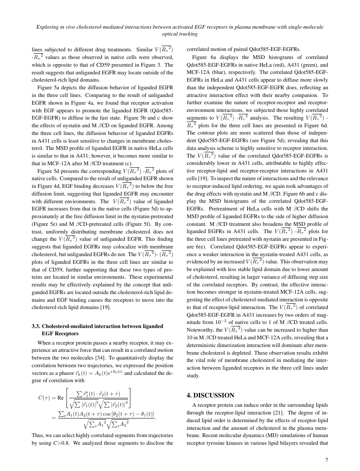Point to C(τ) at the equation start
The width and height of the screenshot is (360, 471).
(45, 397)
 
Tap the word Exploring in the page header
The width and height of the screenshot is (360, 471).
(48, 27)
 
